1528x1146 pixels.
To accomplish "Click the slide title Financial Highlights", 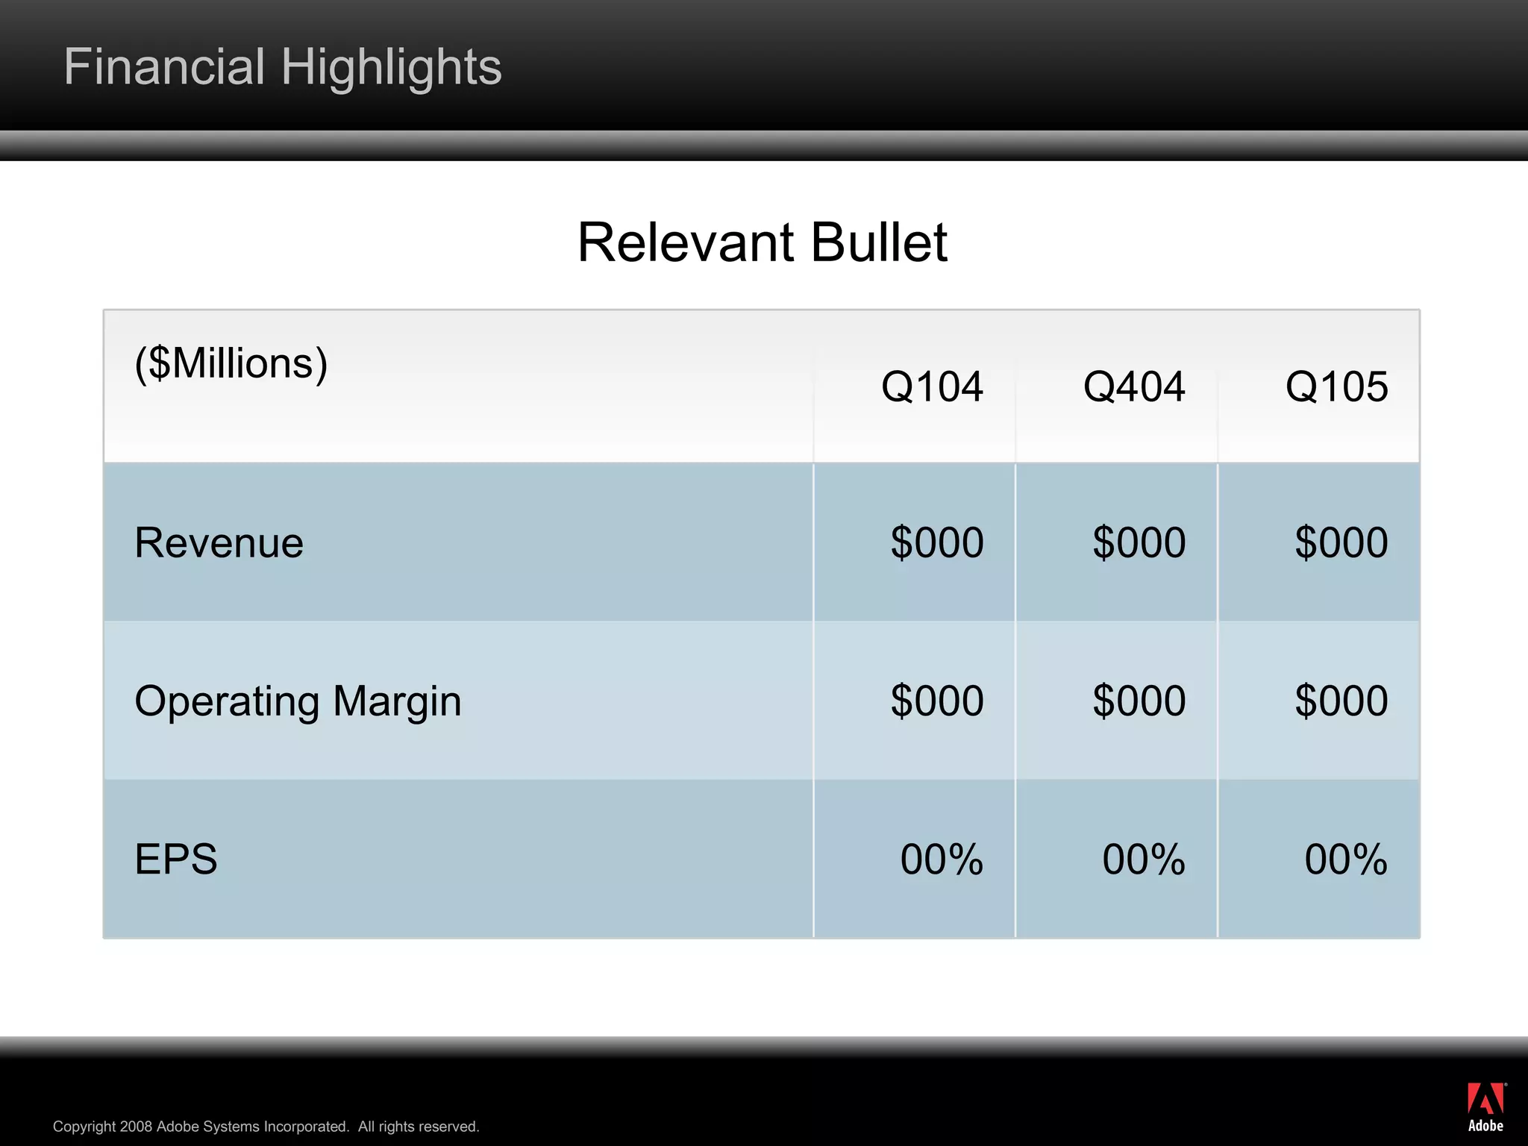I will click(x=283, y=67).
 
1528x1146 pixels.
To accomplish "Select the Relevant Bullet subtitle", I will click(x=763, y=242).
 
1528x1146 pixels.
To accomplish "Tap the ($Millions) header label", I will click(x=231, y=363).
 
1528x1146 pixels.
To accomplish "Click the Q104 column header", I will click(x=932, y=386).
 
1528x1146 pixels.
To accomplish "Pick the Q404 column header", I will click(x=1134, y=386).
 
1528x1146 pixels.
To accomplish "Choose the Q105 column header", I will click(x=1336, y=386).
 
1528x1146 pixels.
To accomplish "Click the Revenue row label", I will click(x=219, y=542).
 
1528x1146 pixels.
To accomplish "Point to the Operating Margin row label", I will click(x=298, y=701).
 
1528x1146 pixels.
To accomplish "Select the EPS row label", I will click(x=176, y=859).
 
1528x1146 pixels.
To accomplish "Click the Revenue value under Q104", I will click(x=937, y=542).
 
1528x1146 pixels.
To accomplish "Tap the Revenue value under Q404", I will click(x=1139, y=542).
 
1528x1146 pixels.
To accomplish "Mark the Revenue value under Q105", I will click(x=1341, y=542).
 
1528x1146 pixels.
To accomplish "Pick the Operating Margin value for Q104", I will click(x=937, y=701).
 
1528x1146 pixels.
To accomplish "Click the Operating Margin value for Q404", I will click(x=1139, y=701).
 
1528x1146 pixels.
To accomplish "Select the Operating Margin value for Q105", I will click(x=1341, y=701).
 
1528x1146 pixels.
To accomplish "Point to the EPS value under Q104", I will click(x=942, y=859).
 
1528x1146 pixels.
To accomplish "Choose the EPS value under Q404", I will click(x=1144, y=859).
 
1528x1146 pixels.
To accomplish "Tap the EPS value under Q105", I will click(x=1346, y=859).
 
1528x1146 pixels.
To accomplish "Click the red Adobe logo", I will click(x=1485, y=1106).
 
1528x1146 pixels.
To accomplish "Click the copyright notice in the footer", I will click(x=266, y=1127).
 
